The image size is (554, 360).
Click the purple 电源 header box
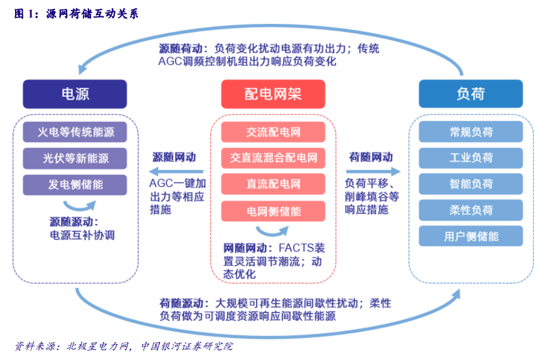click(x=75, y=95)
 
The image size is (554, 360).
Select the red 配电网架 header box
click(x=273, y=95)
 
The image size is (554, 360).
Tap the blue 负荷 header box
click(x=471, y=95)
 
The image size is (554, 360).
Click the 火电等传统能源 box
click(x=75, y=132)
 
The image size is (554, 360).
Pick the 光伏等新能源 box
click(x=75, y=159)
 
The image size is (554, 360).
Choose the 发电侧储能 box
click(x=75, y=184)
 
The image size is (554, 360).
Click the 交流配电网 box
click(x=273, y=132)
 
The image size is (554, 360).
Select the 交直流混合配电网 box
click(x=273, y=158)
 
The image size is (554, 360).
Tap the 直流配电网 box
click(x=273, y=184)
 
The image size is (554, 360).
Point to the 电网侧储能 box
click(x=273, y=211)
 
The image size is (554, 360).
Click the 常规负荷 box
click(x=471, y=132)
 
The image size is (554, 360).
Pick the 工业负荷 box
click(x=471, y=158)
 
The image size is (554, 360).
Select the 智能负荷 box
click(x=471, y=184)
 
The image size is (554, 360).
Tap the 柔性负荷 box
click(x=471, y=210)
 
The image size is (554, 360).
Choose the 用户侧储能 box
click(x=471, y=236)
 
